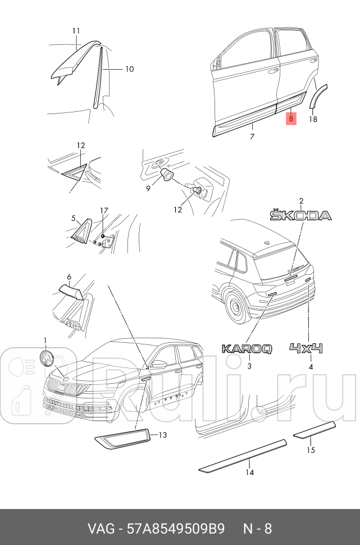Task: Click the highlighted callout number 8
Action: point(291,119)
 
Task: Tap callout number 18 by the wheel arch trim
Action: point(313,119)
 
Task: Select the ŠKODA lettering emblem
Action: point(301,215)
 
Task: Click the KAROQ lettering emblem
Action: point(247,348)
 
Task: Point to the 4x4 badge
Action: point(306,348)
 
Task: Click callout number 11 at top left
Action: point(76,31)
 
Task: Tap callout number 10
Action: point(129,69)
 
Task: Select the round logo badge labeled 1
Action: point(46,358)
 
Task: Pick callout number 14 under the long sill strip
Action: point(249,473)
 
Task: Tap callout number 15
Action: point(311,450)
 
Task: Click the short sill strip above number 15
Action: point(315,430)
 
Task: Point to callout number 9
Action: point(148,188)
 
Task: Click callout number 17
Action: point(104,211)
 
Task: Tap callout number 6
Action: point(69,277)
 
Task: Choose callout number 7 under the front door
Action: point(252,137)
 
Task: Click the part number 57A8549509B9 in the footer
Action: point(176,529)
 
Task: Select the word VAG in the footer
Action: point(101,529)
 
